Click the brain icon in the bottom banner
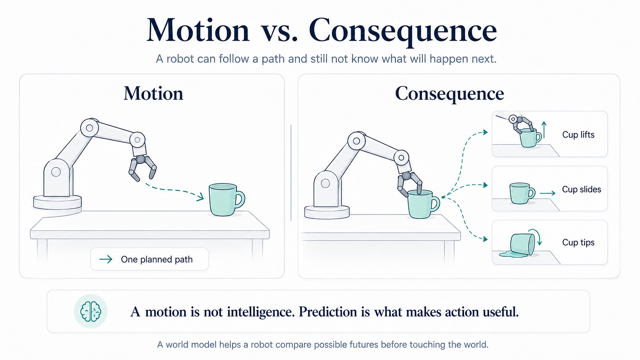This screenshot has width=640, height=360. click(91, 311)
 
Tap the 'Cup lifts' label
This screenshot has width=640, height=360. click(578, 135)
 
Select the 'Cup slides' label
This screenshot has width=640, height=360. click(582, 189)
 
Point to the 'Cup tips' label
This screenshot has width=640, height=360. click(578, 242)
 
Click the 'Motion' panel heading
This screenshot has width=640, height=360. click(153, 94)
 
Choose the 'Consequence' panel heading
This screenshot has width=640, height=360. click(449, 94)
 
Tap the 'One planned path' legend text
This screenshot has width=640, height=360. click(156, 259)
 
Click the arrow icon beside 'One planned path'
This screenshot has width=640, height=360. click(105, 259)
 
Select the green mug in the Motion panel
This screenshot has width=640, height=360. click(227, 200)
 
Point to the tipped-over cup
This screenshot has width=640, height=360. click(523, 244)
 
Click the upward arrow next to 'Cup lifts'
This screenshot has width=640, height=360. click(544, 130)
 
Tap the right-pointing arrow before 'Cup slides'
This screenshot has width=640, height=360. click(547, 193)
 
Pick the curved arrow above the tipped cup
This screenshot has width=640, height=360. click(536, 235)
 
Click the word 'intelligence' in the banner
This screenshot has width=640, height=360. click(261, 312)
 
